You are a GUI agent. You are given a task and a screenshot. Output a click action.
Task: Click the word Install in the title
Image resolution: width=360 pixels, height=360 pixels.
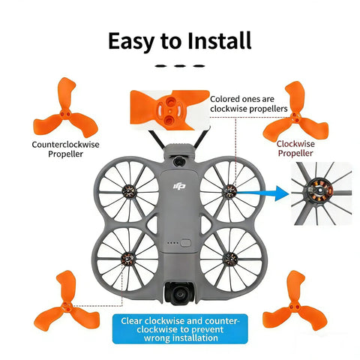pyautogui.click(x=219, y=40)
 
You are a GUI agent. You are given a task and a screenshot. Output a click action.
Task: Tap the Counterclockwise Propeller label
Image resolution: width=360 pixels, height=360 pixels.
pyautogui.click(x=65, y=149)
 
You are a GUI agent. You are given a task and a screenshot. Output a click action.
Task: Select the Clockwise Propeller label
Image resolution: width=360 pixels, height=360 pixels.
pyautogui.click(x=295, y=148)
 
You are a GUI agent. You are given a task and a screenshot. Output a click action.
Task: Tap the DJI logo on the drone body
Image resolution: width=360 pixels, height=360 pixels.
pyautogui.click(x=179, y=186)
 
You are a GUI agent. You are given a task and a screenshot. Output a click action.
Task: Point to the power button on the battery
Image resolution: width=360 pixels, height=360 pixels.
pyautogui.click(x=185, y=243)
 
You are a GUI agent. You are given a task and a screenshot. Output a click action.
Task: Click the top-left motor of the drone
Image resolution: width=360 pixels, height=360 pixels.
pyautogui.click(x=129, y=192)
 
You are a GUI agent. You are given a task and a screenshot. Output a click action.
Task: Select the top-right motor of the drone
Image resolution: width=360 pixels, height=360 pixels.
pyautogui.click(x=229, y=192)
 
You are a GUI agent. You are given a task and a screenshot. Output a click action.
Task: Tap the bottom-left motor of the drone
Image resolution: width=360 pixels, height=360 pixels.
pyautogui.click(x=127, y=259)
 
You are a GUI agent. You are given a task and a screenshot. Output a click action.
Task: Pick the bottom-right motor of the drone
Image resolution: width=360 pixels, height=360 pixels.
pyautogui.click(x=229, y=259)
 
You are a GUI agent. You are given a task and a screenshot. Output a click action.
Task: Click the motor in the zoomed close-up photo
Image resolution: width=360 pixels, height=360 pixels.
pyautogui.click(x=319, y=192)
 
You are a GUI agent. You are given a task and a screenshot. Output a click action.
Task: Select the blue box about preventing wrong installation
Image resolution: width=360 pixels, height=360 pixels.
pyautogui.click(x=180, y=329)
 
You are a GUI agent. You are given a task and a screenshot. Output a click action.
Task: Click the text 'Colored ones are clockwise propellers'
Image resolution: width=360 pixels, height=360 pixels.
pyautogui.click(x=249, y=103)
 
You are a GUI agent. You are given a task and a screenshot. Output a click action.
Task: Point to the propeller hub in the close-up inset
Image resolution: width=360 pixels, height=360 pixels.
pyautogui.click(x=170, y=110)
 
